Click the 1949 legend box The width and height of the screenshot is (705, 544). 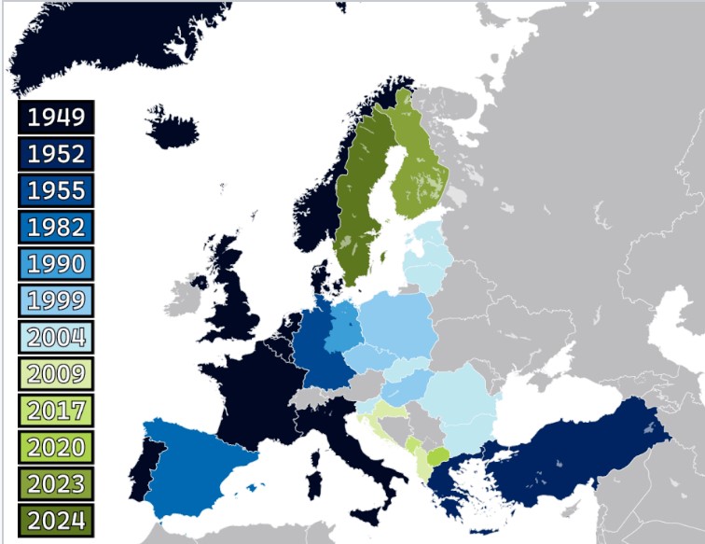56,118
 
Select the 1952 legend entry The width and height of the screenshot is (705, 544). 56,154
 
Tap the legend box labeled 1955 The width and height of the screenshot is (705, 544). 56,190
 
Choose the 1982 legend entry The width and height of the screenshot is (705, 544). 56,227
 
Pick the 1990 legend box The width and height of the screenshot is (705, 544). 56,263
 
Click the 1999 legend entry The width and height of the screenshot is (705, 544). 56,300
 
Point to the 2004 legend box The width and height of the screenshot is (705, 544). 56,337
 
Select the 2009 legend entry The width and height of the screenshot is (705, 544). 56,373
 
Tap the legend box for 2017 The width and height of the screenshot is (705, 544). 56,410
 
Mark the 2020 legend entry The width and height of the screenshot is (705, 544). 56,446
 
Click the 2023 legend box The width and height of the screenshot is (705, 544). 56,483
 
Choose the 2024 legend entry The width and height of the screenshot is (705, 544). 56,520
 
